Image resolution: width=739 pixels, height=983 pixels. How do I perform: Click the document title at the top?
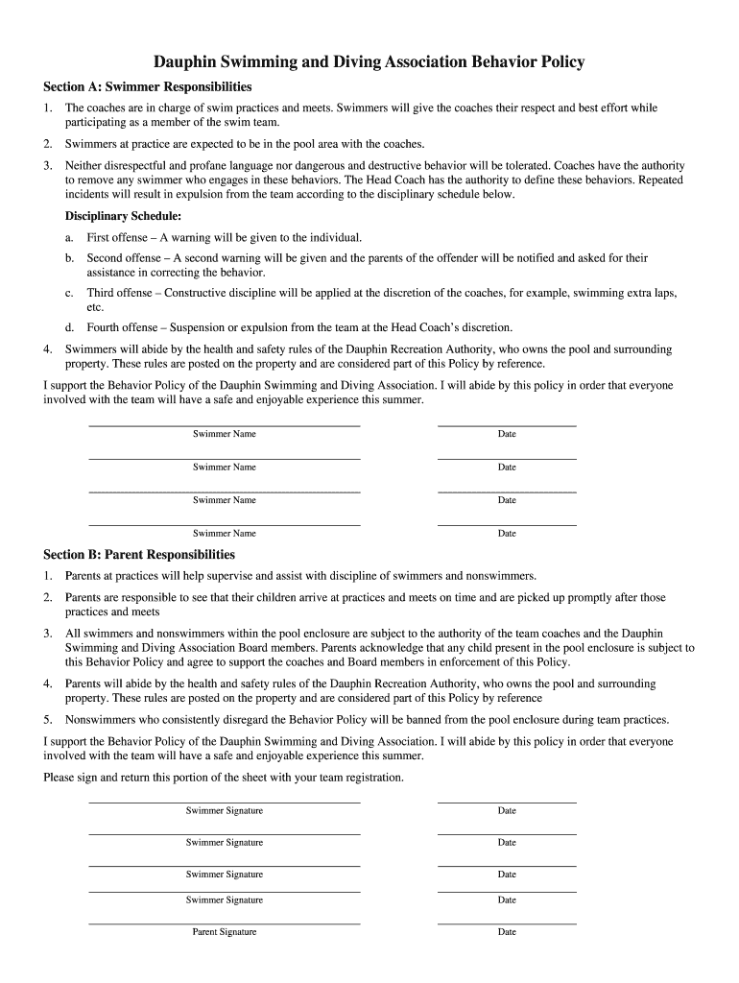tap(369, 62)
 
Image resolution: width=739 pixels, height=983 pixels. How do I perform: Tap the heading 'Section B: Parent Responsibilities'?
tap(139, 555)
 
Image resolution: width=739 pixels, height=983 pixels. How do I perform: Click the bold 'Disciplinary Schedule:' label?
tap(123, 216)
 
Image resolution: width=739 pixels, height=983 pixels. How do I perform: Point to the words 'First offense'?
tap(117, 237)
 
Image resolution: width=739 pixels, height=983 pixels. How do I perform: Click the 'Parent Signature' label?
tap(225, 932)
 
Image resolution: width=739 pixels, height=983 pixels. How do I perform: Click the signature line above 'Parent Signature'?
tap(225, 923)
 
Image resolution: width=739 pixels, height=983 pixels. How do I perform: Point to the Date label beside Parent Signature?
tap(507, 932)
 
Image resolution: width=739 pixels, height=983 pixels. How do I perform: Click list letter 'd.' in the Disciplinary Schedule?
tap(70, 327)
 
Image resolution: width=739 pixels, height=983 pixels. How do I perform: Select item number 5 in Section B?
tap(48, 719)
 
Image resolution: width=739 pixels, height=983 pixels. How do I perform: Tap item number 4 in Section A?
tap(48, 349)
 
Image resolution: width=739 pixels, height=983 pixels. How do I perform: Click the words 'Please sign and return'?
tap(102, 777)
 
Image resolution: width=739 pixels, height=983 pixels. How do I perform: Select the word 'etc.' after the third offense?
tap(95, 307)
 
